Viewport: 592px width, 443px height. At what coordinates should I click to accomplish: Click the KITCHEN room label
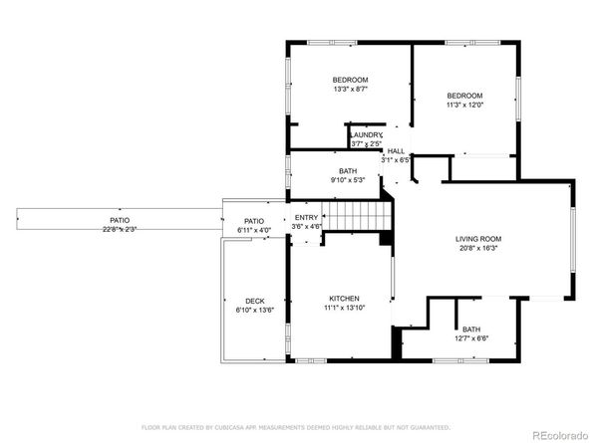pos(344,299)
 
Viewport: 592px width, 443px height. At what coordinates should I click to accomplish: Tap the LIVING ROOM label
pos(478,239)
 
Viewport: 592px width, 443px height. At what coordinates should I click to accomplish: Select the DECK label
pos(254,301)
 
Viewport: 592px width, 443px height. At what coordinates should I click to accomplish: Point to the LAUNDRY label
pos(366,135)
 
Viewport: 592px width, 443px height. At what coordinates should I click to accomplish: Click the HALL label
pos(396,150)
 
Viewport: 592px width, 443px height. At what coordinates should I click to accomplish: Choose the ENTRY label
pos(306,217)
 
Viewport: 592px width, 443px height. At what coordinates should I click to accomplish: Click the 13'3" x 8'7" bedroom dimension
pos(350,90)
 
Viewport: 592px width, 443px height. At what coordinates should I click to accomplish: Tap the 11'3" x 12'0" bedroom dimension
pos(463,104)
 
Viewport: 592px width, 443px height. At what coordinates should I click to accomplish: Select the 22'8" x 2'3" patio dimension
pos(119,230)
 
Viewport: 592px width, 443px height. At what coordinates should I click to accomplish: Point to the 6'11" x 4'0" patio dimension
pos(254,231)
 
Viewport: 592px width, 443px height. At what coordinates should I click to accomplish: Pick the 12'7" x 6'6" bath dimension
pos(470,339)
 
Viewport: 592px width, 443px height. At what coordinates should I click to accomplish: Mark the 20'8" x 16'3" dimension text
pos(478,249)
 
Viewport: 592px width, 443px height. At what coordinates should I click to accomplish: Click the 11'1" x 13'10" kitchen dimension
pos(344,309)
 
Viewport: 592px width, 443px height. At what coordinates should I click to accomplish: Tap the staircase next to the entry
pos(358,214)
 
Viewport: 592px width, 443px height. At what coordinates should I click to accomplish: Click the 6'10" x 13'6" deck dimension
pos(254,311)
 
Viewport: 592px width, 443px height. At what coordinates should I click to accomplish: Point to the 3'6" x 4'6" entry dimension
pos(306,226)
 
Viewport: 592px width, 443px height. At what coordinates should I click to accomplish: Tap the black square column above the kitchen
pos(385,238)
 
